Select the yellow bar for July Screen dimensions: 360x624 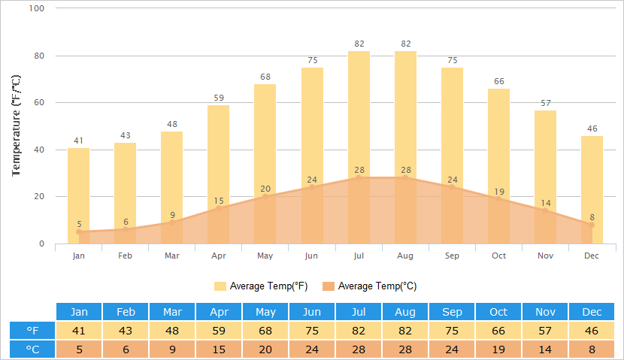tap(359, 113)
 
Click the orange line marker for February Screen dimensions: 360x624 tap(126, 229)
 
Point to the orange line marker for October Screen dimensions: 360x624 tap(498, 198)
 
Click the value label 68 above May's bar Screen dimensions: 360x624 tap(265, 77)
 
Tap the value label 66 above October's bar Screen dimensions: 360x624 tap(498, 81)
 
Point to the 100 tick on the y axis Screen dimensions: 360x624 tap(37, 8)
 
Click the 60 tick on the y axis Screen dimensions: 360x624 tap(39, 103)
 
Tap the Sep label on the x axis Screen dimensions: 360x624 tap(452, 256)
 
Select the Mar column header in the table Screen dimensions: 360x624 tap(172, 312)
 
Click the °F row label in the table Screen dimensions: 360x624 tap(32, 331)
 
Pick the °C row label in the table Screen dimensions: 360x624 tap(32, 349)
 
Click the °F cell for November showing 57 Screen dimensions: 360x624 tap(545, 331)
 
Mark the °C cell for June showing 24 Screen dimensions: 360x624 tap(312, 349)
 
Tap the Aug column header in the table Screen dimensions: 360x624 tap(405, 312)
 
